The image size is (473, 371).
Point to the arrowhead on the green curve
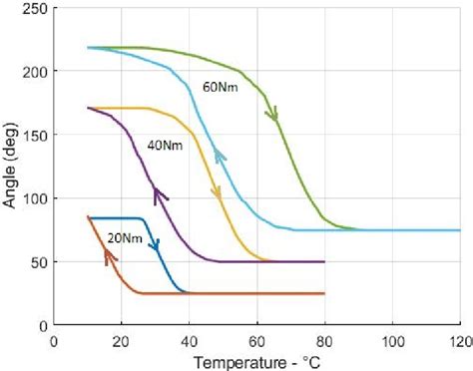click(x=271, y=115)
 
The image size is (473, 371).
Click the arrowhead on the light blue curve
click(x=219, y=155)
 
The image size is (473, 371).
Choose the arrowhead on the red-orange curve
click(x=108, y=257)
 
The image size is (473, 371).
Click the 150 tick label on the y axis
click(x=34, y=135)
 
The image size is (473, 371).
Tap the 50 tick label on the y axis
click(x=38, y=262)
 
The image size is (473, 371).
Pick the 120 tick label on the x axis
click(x=459, y=339)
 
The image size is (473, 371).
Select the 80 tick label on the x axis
click(x=325, y=339)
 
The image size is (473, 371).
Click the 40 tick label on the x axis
click(x=189, y=339)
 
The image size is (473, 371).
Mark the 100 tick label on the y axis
click(x=34, y=198)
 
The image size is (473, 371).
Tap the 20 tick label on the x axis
click(x=122, y=339)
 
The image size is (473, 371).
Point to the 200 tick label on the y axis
click(x=34, y=71)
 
